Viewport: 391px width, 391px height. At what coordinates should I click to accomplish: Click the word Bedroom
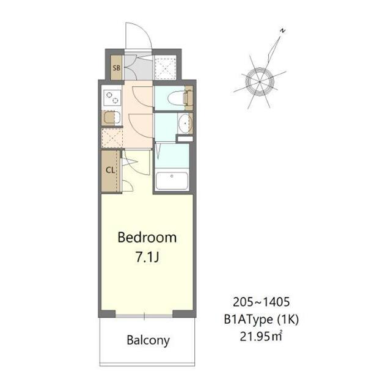(147, 236)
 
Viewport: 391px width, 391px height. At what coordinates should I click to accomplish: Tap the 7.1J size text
(147, 257)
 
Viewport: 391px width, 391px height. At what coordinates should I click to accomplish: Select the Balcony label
(148, 340)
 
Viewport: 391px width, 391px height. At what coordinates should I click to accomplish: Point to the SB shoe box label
(115, 68)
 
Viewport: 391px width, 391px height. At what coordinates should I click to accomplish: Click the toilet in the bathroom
(183, 97)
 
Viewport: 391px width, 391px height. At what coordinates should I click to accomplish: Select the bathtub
(173, 181)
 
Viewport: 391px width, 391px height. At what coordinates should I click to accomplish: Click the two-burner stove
(111, 96)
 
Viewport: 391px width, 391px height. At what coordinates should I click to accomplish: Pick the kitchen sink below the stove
(111, 118)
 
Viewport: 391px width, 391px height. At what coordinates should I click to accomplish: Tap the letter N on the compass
(282, 30)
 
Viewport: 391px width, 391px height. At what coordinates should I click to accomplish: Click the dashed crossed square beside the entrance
(164, 67)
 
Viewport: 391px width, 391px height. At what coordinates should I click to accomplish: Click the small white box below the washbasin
(184, 139)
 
